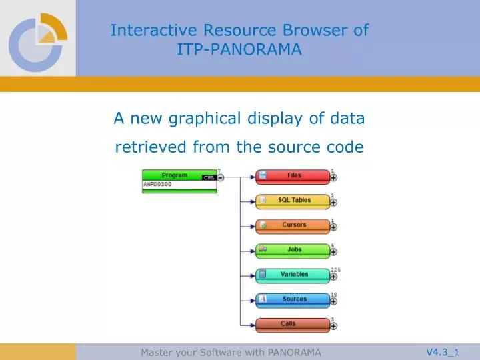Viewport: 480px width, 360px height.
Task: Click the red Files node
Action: point(293,176)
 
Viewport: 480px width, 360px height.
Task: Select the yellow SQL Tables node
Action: point(293,201)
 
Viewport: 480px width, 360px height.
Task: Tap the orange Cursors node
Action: point(293,225)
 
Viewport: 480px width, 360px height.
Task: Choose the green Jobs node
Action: point(293,250)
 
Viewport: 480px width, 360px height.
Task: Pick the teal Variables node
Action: point(293,275)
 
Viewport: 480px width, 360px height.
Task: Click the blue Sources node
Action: point(293,299)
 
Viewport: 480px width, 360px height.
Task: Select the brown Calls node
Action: point(293,324)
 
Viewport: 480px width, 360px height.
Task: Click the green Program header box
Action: point(175,175)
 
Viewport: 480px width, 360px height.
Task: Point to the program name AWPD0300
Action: point(157,184)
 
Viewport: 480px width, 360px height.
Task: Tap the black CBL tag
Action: point(208,177)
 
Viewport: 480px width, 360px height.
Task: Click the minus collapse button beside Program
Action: point(220,177)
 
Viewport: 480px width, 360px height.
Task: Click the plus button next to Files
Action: point(333,178)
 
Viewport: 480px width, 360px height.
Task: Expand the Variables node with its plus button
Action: point(333,277)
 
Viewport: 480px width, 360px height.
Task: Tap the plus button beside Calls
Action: point(333,327)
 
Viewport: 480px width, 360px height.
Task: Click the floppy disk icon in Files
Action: point(263,175)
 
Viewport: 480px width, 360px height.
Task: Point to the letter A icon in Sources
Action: point(263,299)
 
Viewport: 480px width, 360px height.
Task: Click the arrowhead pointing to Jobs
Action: point(252,251)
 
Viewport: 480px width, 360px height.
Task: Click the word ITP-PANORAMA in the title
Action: point(239,49)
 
